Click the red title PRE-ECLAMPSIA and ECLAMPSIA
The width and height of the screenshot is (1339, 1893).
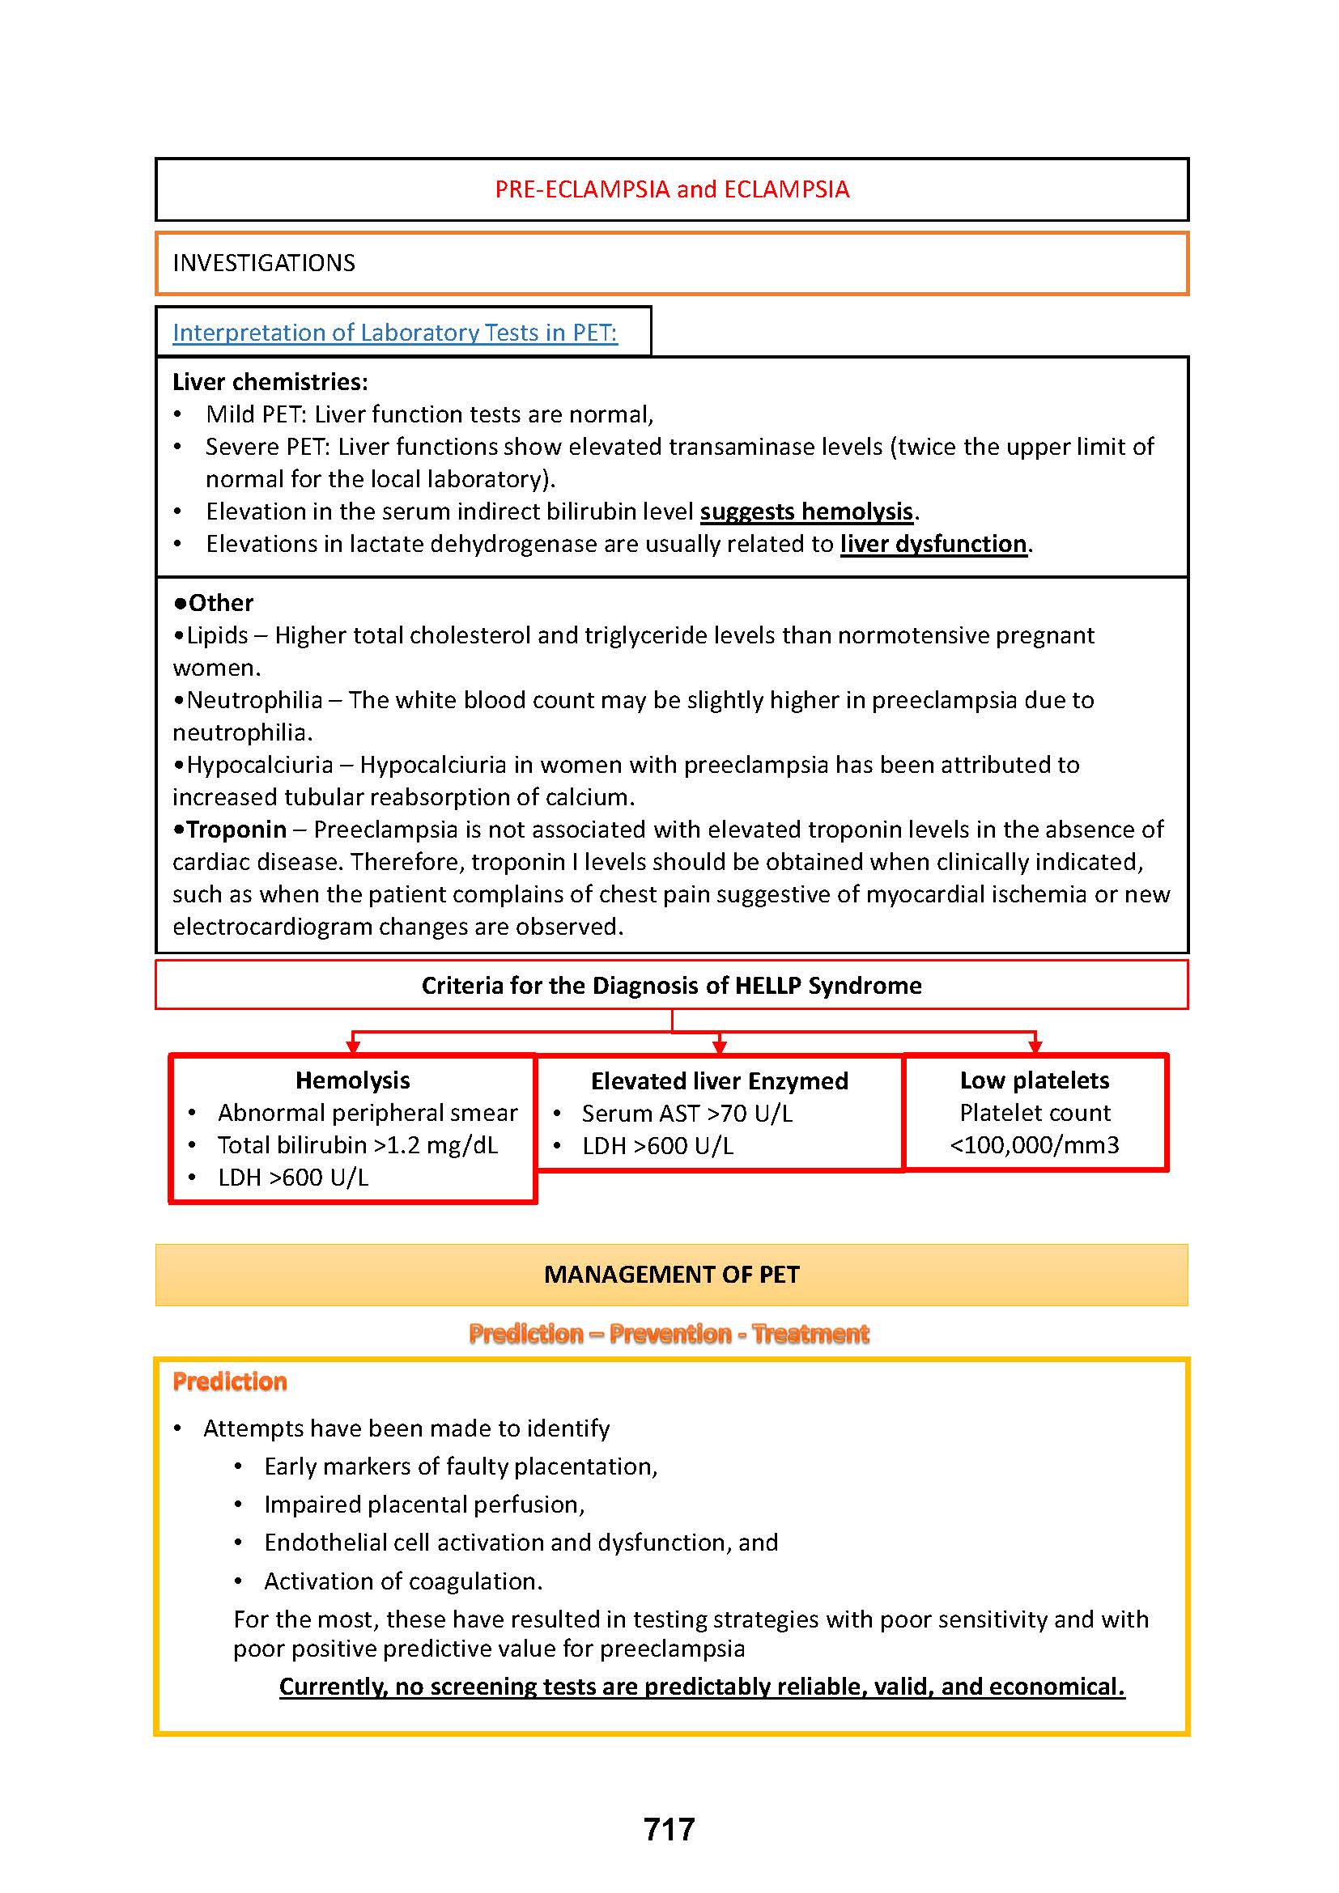point(671,189)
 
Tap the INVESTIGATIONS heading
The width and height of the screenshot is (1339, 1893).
point(264,263)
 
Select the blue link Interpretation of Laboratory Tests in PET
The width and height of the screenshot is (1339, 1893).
point(395,333)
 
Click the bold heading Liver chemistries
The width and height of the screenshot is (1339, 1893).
point(270,382)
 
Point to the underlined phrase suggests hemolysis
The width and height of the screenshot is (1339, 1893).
point(806,511)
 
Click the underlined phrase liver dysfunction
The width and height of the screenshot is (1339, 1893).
point(933,544)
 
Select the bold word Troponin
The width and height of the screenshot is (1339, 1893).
point(236,829)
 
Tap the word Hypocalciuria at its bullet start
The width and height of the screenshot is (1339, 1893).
point(260,764)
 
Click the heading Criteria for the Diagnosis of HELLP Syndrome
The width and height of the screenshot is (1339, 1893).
point(671,985)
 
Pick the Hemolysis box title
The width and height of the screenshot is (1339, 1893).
point(353,1080)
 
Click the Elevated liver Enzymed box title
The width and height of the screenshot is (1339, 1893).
point(719,1081)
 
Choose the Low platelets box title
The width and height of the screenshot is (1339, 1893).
point(1034,1080)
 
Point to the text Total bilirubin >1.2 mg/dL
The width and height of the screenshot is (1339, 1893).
point(358,1145)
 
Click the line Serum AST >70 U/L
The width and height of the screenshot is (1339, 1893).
point(687,1114)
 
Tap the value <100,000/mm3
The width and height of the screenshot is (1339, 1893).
point(1034,1145)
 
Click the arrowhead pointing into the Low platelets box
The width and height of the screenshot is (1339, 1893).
point(1035,1047)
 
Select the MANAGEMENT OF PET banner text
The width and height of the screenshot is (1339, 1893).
point(671,1275)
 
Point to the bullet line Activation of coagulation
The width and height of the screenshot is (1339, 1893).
point(403,1581)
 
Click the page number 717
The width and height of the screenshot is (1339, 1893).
point(669,1830)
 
